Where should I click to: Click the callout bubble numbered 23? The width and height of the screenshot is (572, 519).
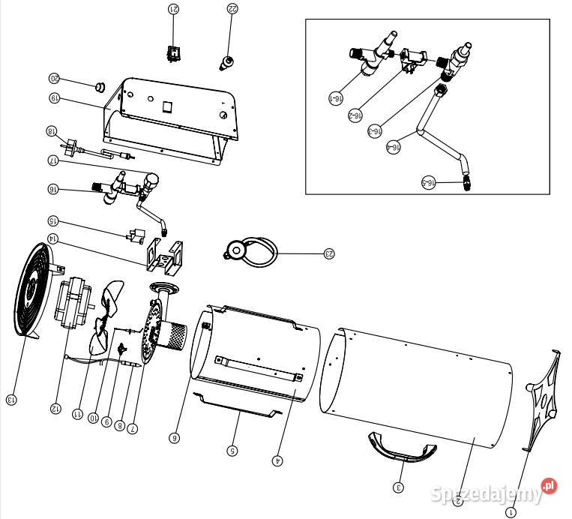coord(328,253)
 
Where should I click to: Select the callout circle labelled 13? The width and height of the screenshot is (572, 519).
coord(10,400)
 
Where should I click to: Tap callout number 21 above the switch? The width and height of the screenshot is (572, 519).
coord(174,9)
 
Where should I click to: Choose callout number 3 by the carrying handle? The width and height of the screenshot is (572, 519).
coord(399,488)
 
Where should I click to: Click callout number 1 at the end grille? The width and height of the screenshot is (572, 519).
coord(511,513)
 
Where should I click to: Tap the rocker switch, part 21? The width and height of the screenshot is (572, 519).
coord(175,52)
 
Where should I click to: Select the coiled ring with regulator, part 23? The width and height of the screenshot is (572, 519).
coord(251,250)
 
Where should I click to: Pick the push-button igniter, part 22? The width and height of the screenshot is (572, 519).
coord(225,60)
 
